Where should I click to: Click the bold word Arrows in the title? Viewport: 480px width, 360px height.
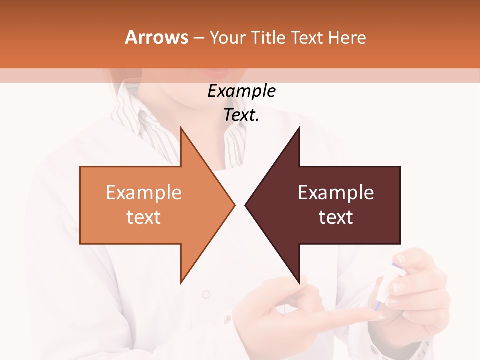[156, 37]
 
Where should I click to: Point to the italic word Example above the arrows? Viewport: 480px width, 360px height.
[241, 91]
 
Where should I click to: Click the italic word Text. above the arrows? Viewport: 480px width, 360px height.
[241, 115]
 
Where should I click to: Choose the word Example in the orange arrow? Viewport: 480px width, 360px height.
[144, 193]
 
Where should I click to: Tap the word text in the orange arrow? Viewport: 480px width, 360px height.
[144, 217]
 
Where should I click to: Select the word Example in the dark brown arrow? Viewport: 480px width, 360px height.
[336, 193]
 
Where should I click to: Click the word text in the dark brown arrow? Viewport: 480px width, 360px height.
[336, 217]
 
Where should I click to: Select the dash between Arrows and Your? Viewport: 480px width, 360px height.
[198, 38]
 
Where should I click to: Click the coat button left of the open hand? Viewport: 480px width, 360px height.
[206, 294]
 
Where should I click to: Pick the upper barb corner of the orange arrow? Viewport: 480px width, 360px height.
[181, 128]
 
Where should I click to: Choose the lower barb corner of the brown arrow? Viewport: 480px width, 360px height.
[299, 282]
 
